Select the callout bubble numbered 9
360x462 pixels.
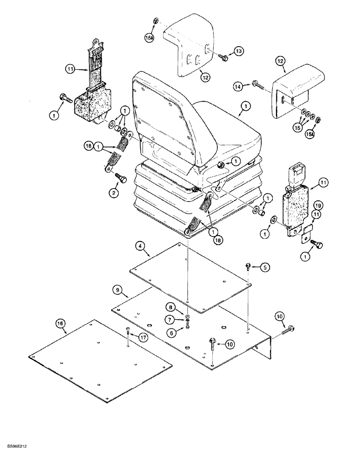coord(118,290)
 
